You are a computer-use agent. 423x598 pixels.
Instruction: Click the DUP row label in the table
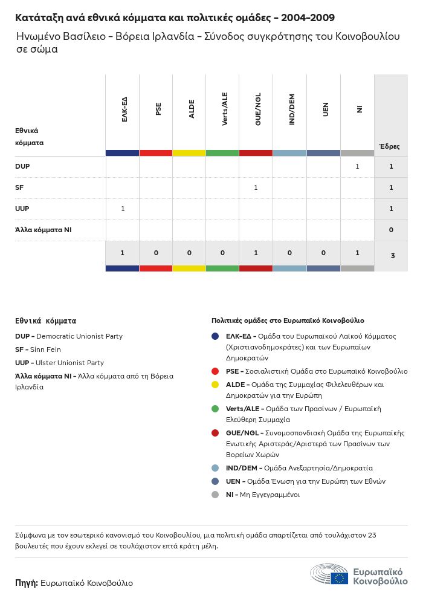click(22, 166)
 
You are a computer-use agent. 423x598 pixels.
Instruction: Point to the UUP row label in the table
click(22, 209)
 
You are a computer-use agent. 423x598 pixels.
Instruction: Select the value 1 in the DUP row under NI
click(357, 166)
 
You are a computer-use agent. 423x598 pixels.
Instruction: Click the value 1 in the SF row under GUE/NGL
click(256, 187)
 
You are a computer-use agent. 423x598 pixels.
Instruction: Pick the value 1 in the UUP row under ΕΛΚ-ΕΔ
click(123, 209)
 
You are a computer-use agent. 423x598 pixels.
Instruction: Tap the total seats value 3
click(392, 256)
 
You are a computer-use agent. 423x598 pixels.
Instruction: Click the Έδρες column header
click(389, 146)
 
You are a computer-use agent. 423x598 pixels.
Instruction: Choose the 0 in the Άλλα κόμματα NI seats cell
click(392, 230)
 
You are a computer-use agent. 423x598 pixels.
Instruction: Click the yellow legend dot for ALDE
click(215, 385)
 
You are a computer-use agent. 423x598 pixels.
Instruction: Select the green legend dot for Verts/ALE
click(215, 409)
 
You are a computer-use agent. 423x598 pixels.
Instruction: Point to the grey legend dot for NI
click(215, 495)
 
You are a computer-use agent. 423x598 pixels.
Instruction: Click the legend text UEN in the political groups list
click(233, 481)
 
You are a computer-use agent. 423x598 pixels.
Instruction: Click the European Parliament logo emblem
click(329, 574)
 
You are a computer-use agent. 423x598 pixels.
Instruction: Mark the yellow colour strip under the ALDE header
click(189, 153)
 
